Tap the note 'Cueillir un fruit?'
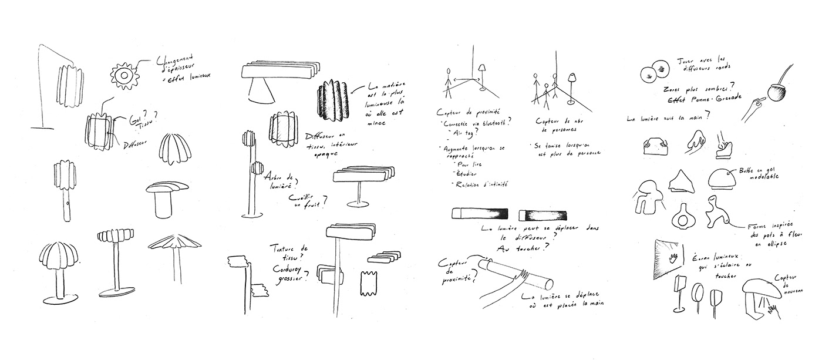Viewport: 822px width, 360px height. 308,202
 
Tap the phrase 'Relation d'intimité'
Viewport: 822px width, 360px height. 479,186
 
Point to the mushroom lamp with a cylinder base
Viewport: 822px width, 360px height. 162,197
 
